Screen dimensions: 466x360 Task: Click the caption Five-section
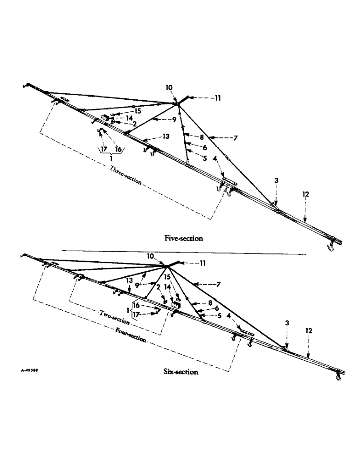pos(184,238)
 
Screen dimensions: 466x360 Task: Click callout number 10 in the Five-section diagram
pos(168,87)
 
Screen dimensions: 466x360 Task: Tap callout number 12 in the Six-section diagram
pos(309,330)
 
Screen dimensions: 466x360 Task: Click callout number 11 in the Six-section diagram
pos(202,263)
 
